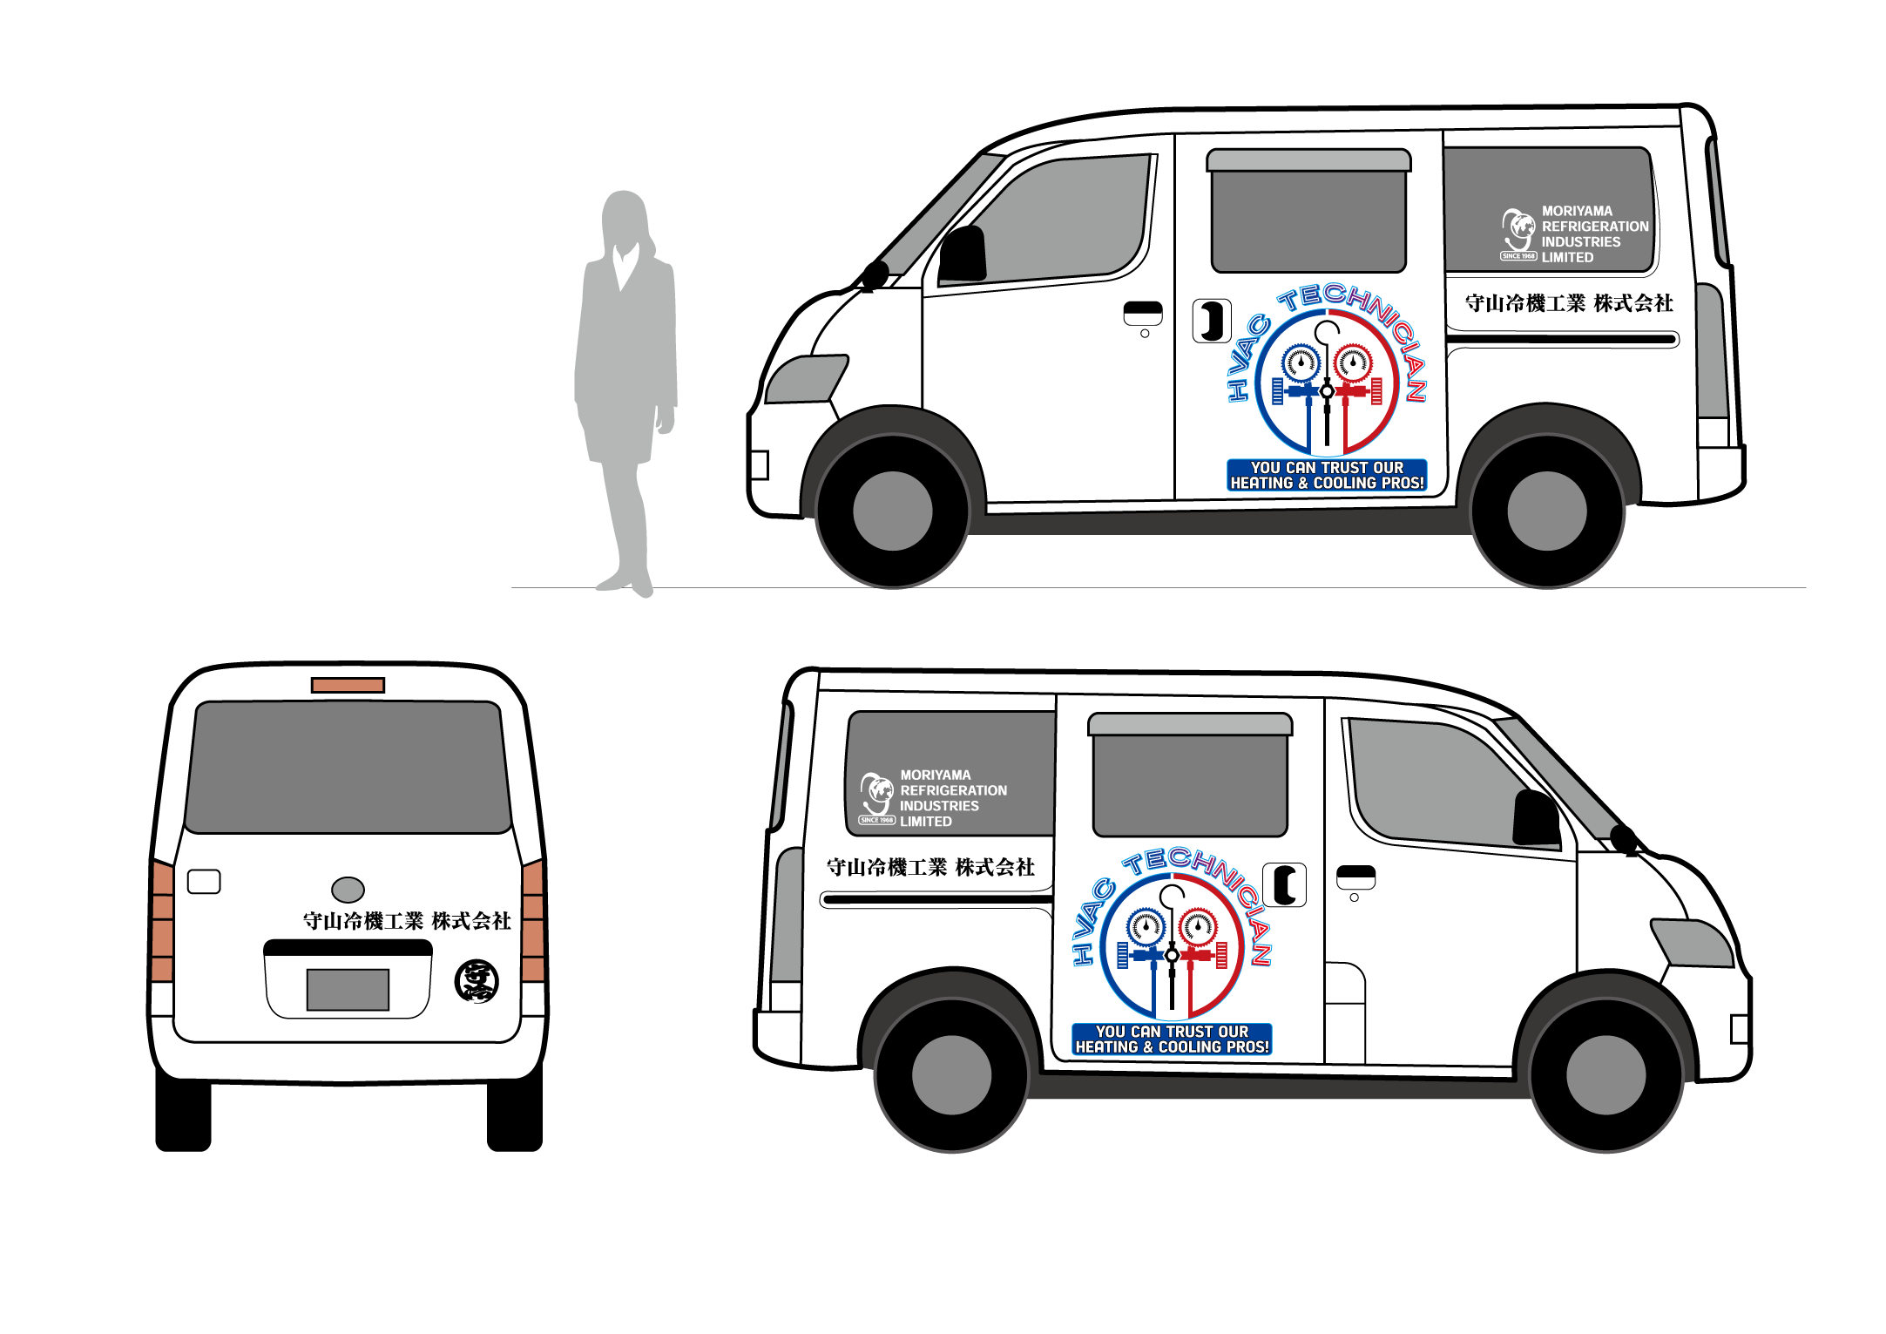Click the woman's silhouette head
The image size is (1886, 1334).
coord(624,217)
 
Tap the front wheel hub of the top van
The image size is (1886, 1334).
coord(892,511)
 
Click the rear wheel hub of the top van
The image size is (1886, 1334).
coord(1546,511)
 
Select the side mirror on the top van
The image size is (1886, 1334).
coord(963,254)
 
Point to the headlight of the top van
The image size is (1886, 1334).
coord(807,379)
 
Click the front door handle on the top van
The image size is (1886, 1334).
coord(1143,313)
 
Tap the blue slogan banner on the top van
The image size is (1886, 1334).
coord(1327,476)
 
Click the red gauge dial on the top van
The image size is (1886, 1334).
coord(1353,362)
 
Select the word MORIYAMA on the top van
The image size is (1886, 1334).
coord(1577,211)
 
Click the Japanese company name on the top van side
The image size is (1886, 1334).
coord(1569,303)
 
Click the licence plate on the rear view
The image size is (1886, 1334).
coord(348,990)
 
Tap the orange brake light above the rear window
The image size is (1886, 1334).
coord(348,686)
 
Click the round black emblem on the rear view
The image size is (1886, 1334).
coord(477,981)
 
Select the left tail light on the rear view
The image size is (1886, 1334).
coord(162,921)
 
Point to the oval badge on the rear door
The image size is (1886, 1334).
coord(348,890)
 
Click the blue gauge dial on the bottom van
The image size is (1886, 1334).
coord(1146,926)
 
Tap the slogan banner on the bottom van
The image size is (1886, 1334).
coord(1172,1039)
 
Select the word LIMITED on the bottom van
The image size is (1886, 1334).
coord(926,822)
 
